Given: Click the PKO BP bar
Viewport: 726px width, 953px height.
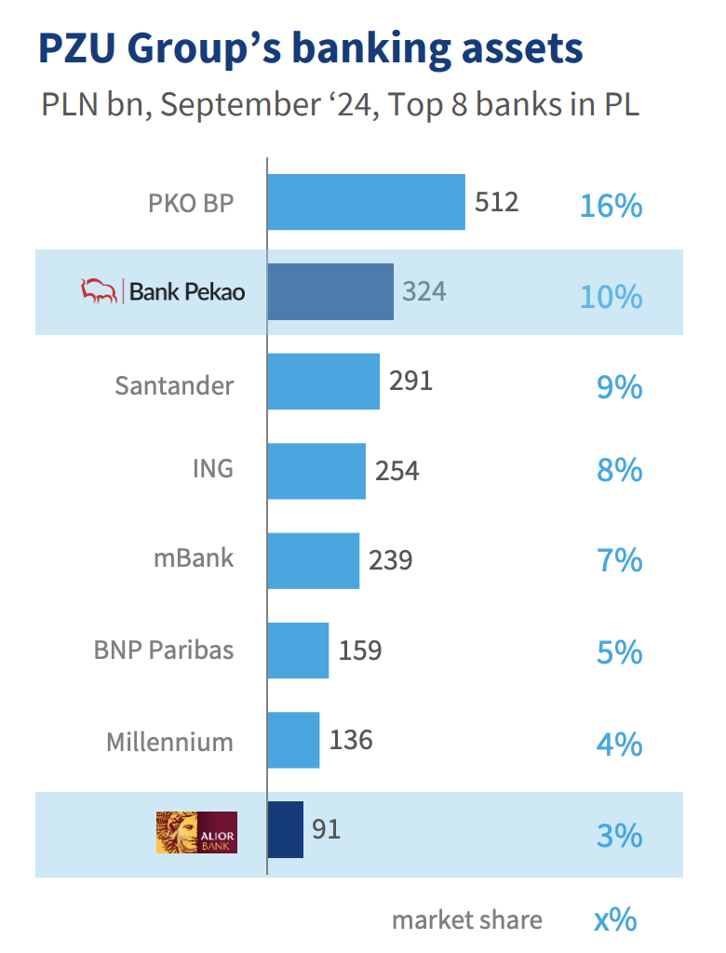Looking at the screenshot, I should (x=366, y=202).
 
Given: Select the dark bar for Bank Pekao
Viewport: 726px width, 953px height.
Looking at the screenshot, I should (x=330, y=292).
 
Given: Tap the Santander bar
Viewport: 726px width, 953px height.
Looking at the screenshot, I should (x=323, y=382).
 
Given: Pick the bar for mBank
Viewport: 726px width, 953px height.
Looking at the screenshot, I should (x=313, y=561).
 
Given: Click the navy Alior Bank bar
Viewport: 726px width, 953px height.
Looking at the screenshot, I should (x=285, y=829).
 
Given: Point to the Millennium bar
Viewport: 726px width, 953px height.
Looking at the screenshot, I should (x=293, y=741).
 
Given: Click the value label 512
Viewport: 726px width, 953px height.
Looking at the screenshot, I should (x=496, y=202).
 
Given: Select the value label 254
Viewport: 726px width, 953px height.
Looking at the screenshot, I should (x=397, y=471).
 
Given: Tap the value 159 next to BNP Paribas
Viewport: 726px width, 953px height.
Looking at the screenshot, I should (x=360, y=651).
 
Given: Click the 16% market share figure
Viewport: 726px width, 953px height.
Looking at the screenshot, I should (x=611, y=206).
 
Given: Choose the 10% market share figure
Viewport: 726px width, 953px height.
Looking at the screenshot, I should (x=611, y=297).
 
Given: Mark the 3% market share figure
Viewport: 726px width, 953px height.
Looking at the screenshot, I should (x=619, y=836).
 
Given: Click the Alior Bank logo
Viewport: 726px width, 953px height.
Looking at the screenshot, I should (x=196, y=832).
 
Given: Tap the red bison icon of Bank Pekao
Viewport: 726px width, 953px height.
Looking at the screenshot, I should (x=100, y=291).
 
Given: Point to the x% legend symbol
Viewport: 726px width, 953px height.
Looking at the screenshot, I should (x=615, y=920).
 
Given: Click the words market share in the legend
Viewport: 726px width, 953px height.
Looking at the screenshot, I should (x=466, y=920).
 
